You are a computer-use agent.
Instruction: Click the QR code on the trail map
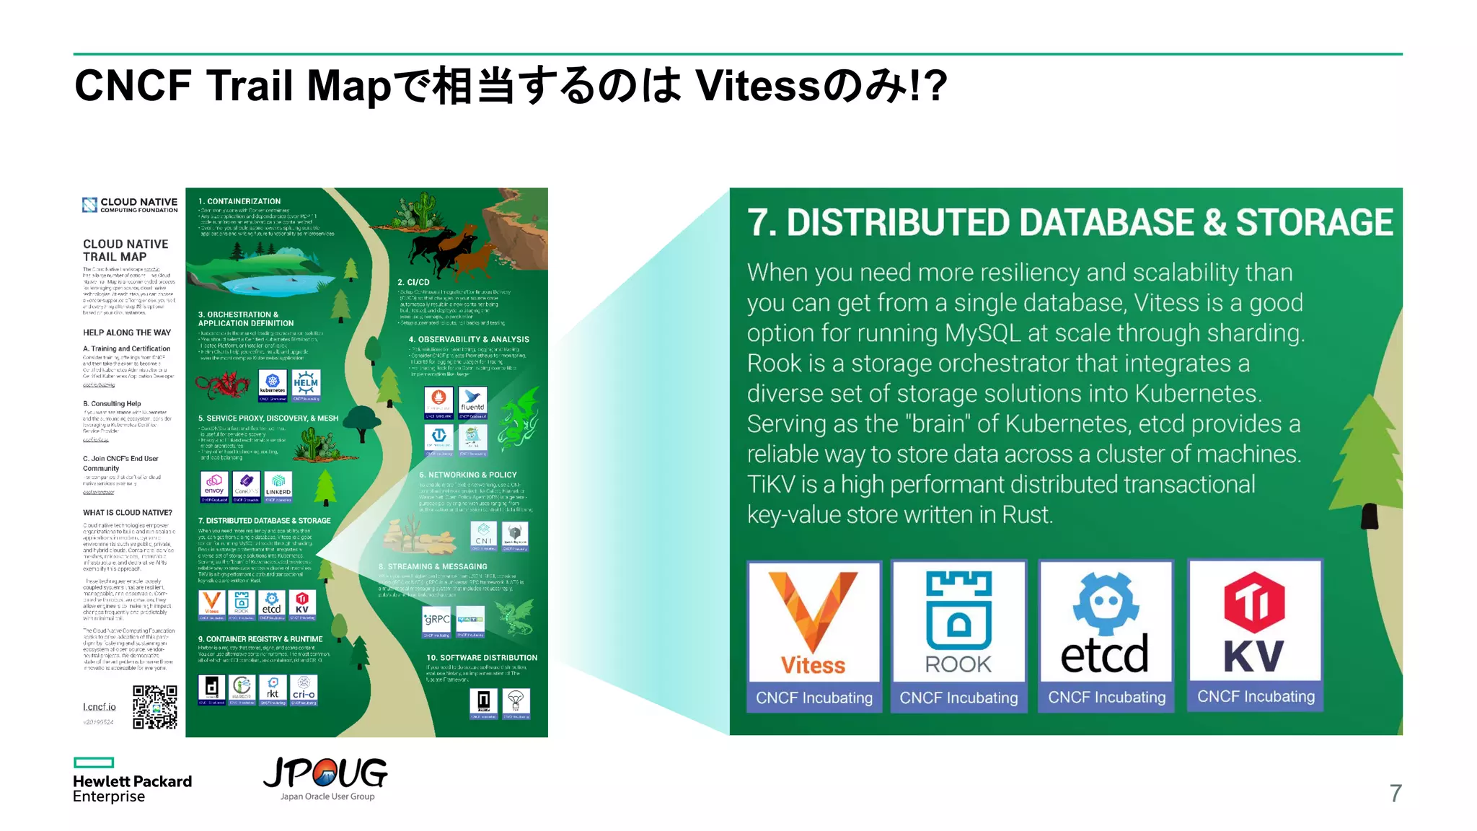point(155,707)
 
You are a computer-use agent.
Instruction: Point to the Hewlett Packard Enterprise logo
point(132,781)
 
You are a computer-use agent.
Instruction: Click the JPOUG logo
point(326,778)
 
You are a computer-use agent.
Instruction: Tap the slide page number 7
point(1396,793)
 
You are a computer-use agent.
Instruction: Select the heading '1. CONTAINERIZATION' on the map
point(239,201)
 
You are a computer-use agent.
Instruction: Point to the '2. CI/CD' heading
point(413,282)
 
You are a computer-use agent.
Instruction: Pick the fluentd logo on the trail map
point(472,402)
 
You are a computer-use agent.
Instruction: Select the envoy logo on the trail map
point(214,485)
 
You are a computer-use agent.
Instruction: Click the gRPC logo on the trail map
point(436,620)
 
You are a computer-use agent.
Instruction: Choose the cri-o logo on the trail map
point(304,690)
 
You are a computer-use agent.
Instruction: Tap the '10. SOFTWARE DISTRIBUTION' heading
point(482,658)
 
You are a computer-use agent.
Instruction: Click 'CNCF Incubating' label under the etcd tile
point(1106,698)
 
